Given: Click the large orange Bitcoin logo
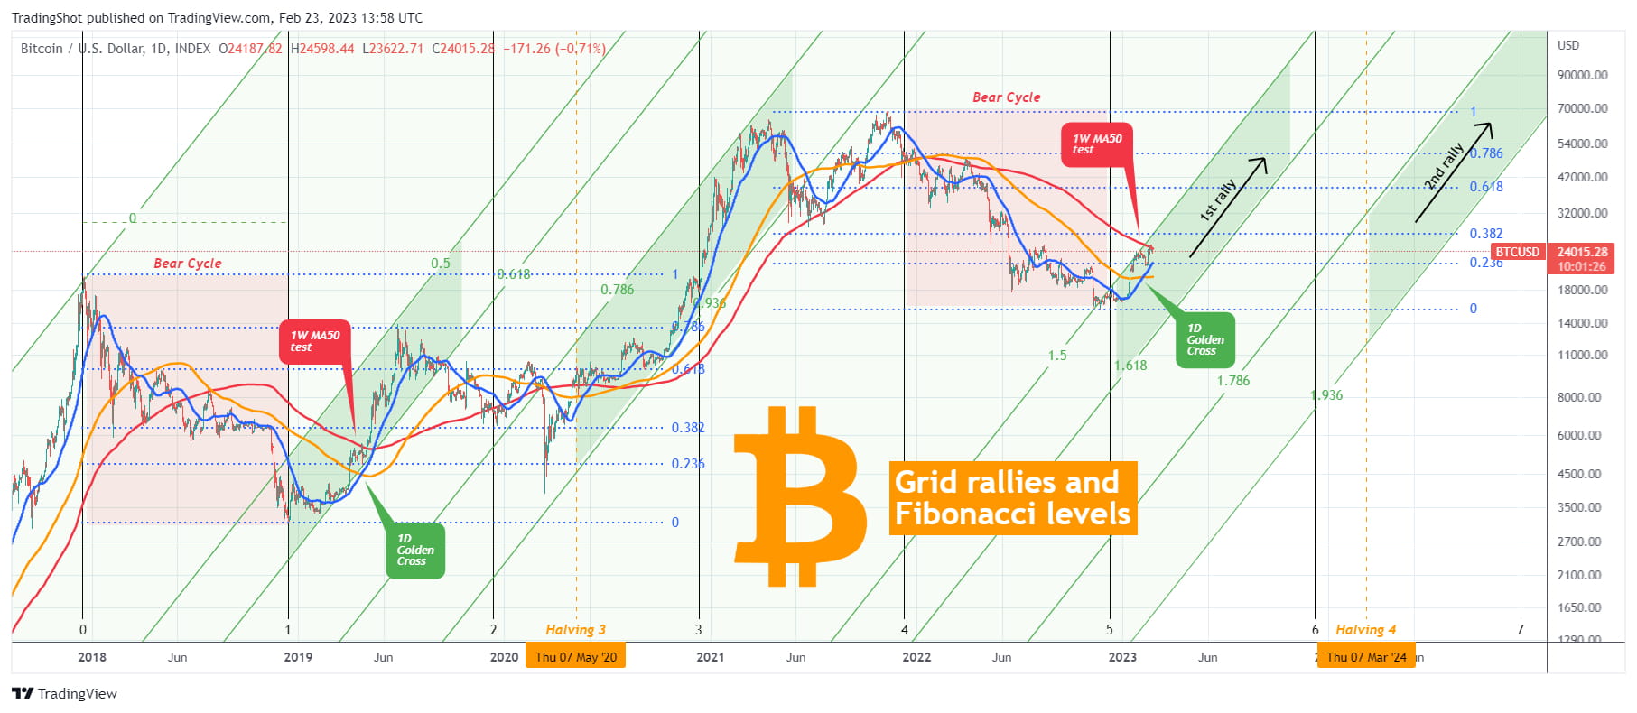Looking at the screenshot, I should coord(798,496).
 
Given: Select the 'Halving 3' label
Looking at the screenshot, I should coord(575,630).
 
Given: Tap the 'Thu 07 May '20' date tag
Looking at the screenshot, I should coord(575,657).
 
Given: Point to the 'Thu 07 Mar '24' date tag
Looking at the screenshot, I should coord(1365,657).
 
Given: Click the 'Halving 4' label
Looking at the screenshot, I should coord(1365,630).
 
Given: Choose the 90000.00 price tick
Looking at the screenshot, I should coord(1582,75).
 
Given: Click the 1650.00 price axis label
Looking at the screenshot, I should coord(1582,607).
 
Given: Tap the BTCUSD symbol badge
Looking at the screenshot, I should coord(1517,252).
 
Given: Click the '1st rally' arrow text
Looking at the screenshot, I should coord(1218,200).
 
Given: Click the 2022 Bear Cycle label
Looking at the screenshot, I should coord(1006,97).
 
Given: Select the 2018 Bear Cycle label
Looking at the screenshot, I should coord(187,264).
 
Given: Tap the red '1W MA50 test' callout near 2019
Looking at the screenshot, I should coord(314,341).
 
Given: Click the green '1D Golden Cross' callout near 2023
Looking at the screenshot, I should coord(1205,340).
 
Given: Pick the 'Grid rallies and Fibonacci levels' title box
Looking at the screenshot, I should coord(1012,498).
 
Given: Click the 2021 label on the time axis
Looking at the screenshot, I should coord(710,657).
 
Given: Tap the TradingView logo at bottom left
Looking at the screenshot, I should coord(64,693).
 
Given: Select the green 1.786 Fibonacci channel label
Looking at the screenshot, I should coord(1232,381).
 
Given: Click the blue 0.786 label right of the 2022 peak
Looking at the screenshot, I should coord(1486,153).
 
